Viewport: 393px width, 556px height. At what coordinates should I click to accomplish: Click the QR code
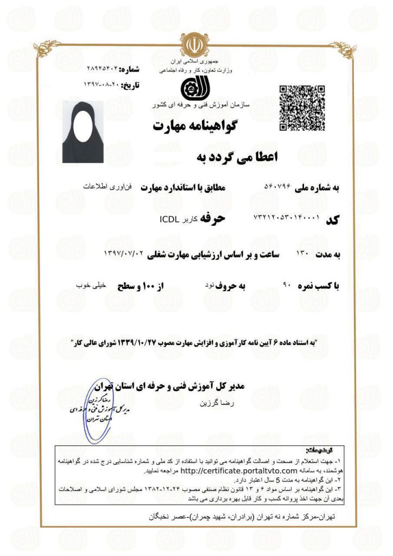point(301,108)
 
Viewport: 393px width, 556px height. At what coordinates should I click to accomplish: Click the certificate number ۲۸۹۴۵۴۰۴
point(102,69)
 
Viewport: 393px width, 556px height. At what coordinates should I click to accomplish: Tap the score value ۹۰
point(288,285)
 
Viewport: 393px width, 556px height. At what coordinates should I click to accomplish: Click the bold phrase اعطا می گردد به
point(236,157)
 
